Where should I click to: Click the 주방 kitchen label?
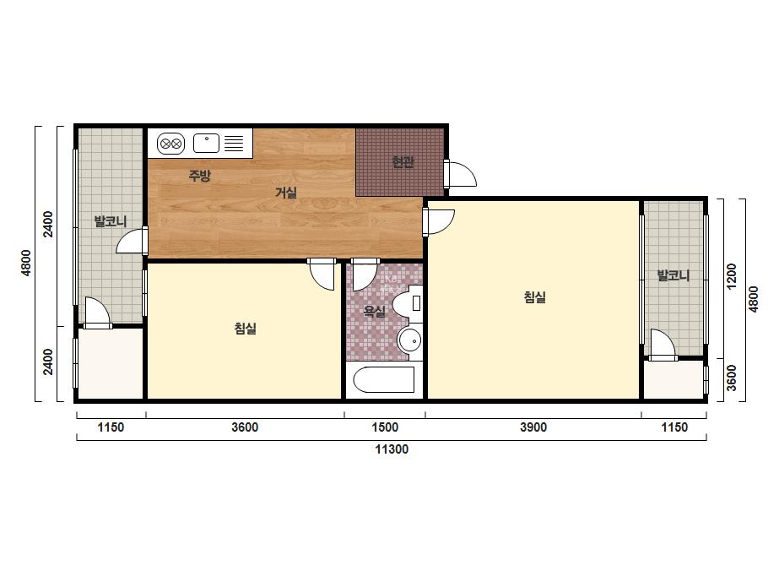click(x=200, y=175)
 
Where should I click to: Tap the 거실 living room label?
click(x=286, y=193)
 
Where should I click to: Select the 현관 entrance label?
click(x=403, y=162)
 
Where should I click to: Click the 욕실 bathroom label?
click(x=374, y=312)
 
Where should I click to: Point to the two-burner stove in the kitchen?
click(x=170, y=144)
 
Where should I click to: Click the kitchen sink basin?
click(x=206, y=144)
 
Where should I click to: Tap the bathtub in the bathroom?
click(x=383, y=379)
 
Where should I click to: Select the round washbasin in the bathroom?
click(x=410, y=340)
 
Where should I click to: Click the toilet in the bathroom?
click(x=408, y=303)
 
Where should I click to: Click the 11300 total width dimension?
click(x=392, y=449)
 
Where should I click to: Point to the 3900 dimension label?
click(x=533, y=427)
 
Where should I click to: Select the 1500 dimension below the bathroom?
click(x=385, y=427)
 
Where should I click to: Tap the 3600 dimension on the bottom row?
click(x=245, y=427)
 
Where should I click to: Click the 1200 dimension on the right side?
click(x=731, y=276)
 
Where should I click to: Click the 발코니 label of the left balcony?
click(x=111, y=221)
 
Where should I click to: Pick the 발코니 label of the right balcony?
click(x=674, y=275)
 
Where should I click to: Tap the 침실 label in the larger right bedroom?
click(x=535, y=297)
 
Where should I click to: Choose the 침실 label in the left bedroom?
click(x=246, y=329)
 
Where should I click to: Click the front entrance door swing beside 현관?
click(x=461, y=173)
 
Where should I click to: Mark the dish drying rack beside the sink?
click(x=234, y=144)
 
